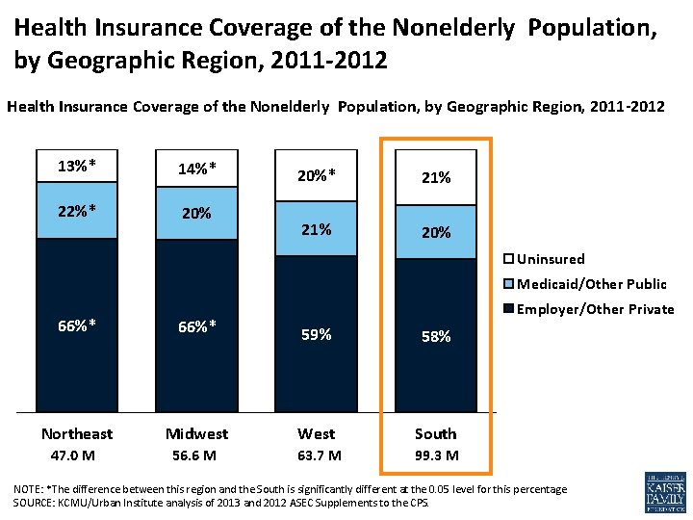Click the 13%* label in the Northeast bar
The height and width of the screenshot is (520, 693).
77,165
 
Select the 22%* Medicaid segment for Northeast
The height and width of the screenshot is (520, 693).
77,210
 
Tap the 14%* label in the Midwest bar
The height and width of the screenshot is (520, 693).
196,169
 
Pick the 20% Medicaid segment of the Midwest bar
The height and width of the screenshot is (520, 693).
196,213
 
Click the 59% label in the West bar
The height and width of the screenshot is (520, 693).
316,334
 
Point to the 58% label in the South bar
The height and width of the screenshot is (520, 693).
435,336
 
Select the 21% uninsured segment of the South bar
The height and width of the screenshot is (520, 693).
435,178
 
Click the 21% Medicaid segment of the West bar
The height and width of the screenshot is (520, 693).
316,229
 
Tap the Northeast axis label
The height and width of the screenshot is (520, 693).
77,433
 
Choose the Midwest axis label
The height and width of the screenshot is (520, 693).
196,433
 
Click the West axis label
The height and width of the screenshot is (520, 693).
316,433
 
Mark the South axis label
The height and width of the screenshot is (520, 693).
435,433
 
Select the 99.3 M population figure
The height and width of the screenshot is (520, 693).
435,455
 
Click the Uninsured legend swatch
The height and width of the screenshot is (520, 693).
509,259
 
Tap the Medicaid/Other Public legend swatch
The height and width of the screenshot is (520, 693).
509,284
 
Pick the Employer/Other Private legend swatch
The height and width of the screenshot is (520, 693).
509,309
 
